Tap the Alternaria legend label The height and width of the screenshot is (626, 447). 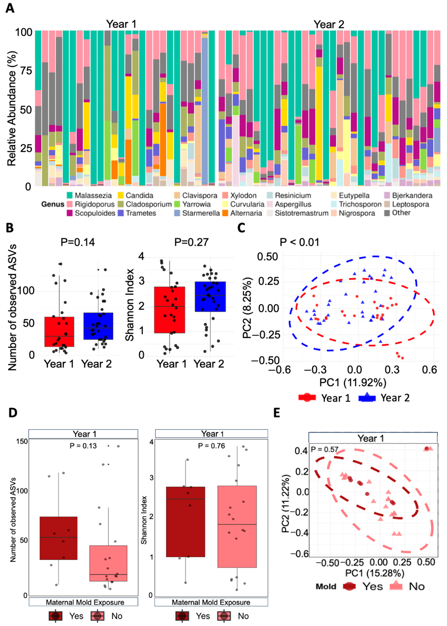(x=246, y=213)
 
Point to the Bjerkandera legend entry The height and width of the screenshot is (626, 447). (x=412, y=196)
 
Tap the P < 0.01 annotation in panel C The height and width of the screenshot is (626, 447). (x=300, y=242)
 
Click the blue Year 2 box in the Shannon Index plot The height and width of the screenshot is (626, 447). (x=210, y=296)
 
